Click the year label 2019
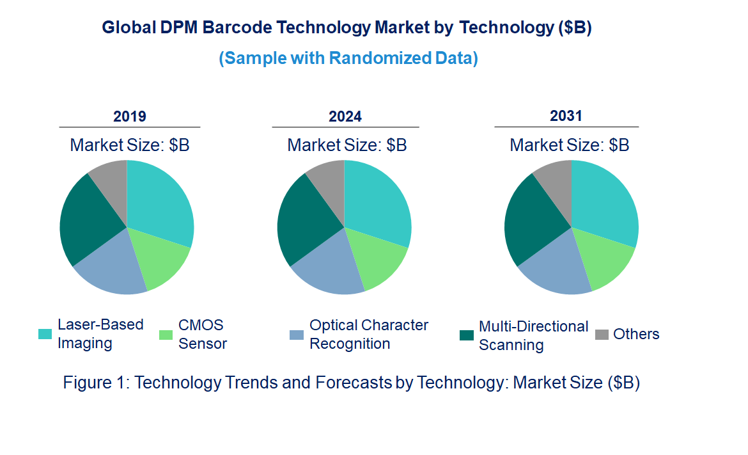[130, 116]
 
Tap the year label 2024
[345, 116]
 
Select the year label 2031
[566, 116]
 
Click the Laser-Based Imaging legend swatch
[45, 334]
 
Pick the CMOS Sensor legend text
[202, 334]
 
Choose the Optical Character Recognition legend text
[369, 334]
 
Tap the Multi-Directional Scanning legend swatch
[467, 335]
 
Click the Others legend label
[635, 334]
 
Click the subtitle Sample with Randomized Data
[348, 58]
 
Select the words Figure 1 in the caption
[96, 383]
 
